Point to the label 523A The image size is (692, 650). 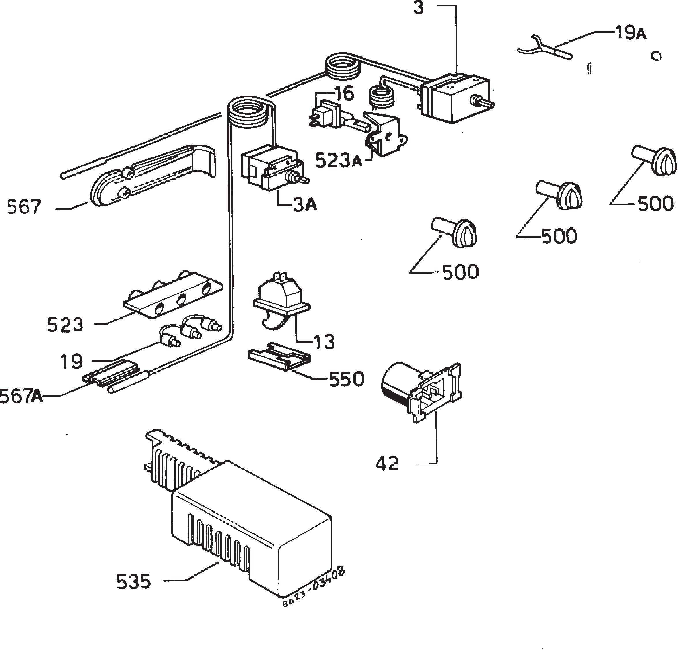[338, 161]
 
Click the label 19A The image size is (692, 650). [630, 33]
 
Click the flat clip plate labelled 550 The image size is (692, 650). [279, 356]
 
